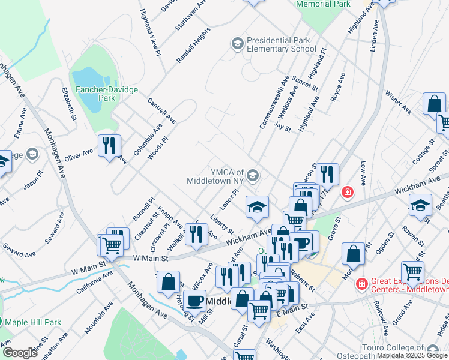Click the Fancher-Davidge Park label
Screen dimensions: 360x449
click(106, 93)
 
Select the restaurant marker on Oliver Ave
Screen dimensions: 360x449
click(109, 145)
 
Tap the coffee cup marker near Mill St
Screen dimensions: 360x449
click(194, 300)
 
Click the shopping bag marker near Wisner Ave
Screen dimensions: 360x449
click(433, 104)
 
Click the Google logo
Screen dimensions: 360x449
click(19, 353)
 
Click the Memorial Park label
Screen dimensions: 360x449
click(324, 4)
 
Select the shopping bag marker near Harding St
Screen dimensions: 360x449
click(170, 281)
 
